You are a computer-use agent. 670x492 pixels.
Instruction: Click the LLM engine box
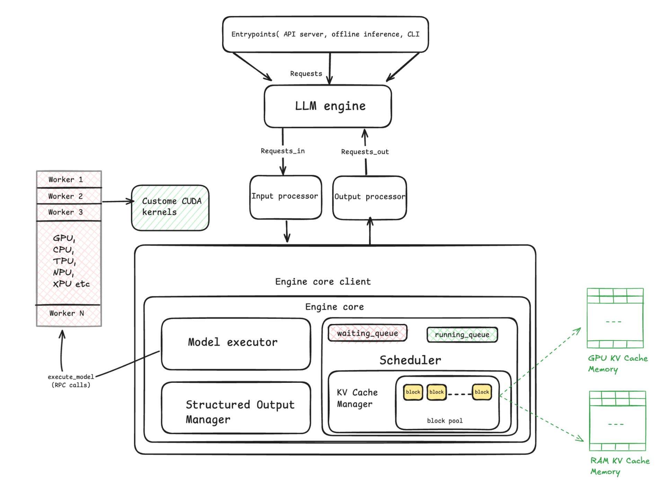[x=327, y=106]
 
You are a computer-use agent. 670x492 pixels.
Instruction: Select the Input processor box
[x=285, y=197]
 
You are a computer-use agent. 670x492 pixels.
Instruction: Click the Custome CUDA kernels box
[x=170, y=207]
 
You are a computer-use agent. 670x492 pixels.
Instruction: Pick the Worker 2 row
[x=69, y=196]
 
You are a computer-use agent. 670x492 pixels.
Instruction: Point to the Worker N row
[x=69, y=314]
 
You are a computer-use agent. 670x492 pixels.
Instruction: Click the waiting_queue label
[x=367, y=333]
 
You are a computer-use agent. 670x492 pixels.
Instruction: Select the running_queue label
[x=462, y=335]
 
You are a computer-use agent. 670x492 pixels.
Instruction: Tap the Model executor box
[x=236, y=343]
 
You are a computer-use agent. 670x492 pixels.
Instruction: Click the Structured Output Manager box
[x=236, y=408]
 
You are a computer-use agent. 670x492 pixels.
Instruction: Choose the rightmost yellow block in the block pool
[x=482, y=392]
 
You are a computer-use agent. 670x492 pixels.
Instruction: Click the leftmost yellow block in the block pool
[x=413, y=392]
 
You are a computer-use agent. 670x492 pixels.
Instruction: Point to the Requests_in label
[x=283, y=151]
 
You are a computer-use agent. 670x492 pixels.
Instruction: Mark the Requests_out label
[x=365, y=152]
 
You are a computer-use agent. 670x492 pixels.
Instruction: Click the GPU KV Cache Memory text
[x=617, y=363]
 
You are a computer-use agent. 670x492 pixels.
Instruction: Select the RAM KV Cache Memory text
[x=619, y=466]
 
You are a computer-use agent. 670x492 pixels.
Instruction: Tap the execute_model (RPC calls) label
[x=71, y=381]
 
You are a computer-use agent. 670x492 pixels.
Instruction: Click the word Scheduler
[x=410, y=360]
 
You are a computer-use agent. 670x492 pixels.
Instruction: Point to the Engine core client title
[x=323, y=282]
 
